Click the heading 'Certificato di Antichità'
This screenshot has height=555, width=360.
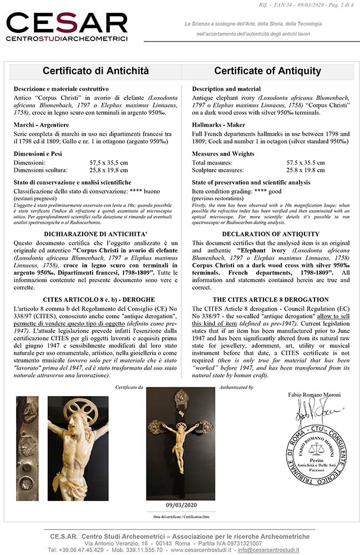pos(95,71)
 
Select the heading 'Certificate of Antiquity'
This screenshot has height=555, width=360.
pos(267,71)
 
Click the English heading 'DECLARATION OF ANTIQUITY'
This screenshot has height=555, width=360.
pos(271,234)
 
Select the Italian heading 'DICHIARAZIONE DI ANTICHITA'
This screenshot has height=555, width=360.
pos(95,234)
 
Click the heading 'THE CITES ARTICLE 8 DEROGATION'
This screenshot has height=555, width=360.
pos(271,299)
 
